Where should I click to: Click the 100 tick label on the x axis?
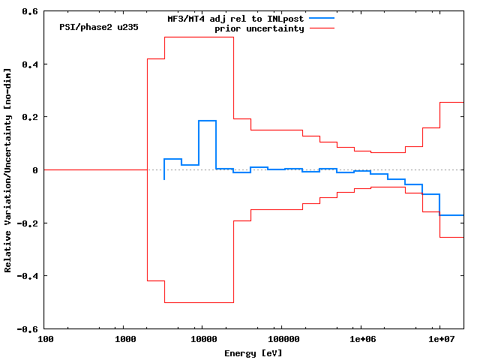pyautogui.click(x=45, y=339)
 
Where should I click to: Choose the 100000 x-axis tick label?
pyautogui.click(x=280, y=339)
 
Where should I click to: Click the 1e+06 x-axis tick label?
pyautogui.click(x=360, y=339)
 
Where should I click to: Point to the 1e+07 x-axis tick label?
pyautogui.click(x=439, y=339)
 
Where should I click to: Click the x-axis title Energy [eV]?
pyautogui.click(x=253, y=352)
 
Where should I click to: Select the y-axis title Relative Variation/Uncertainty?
pyautogui.click(x=8, y=170)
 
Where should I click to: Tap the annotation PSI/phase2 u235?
pyautogui.click(x=98, y=27)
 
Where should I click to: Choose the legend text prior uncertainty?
pyautogui.click(x=259, y=28)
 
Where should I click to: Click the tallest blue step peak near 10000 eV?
pyautogui.click(x=208, y=121)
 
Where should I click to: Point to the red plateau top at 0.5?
pyautogui.click(x=199, y=37)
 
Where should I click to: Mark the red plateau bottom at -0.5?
pyautogui.click(x=199, y=302)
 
